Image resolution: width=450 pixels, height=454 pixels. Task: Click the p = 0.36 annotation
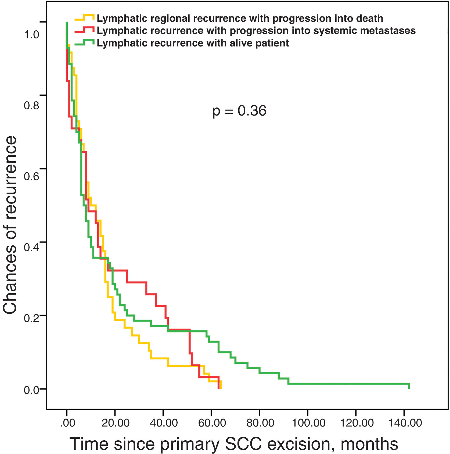[x=239, y=111]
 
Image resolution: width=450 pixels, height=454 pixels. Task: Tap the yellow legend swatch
[x=85, y=17]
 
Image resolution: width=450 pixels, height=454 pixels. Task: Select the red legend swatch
[x=85, y=30]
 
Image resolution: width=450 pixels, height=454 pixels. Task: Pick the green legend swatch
[x=85, y=42]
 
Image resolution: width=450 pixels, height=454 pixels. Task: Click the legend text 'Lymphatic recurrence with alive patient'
[x=193, y=43]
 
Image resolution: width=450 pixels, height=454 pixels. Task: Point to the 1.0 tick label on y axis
[x=31, y=34]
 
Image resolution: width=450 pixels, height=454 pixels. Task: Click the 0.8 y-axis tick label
[x=31, y=105]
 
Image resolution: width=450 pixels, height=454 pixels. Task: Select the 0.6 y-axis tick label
[x=31, y=176]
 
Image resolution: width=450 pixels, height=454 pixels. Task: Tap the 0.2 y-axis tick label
[x=31, y=318]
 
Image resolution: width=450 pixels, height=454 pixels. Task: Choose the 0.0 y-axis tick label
[x=31, y=390]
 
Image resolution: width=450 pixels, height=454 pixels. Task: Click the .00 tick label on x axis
[x=67, y=423]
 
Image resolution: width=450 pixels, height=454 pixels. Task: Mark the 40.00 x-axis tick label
[x=164, y=423]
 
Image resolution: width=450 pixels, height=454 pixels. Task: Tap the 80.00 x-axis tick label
[x=260, y=423]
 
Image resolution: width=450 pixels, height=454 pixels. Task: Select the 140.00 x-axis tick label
[x=405, y=423]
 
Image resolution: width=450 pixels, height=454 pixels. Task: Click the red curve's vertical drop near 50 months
[x=190, y=341]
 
